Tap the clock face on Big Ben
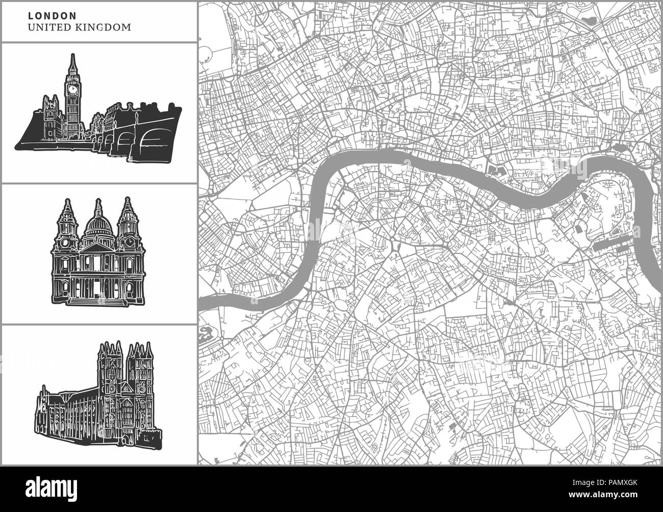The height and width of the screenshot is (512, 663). pyautogui.click(x=72, y=88)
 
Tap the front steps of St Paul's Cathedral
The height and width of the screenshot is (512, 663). pyautogui.click(x=97, y=301)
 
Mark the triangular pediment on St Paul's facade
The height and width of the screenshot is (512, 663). pyautogui.click(x=97, y=249)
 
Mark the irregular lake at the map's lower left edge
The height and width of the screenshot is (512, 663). pyautogui.click(x=206, y=334)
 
